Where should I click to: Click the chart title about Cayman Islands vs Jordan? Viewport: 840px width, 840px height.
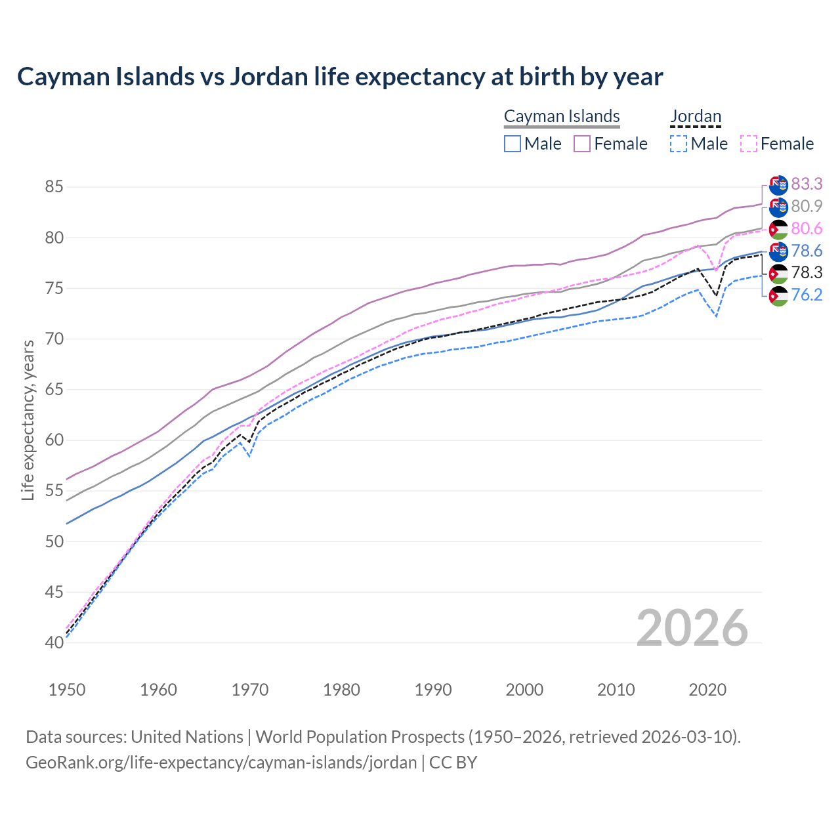[340, 77]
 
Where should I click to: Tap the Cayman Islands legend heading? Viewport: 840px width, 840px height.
[562, 116]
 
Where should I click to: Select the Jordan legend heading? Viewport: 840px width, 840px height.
[696, 116]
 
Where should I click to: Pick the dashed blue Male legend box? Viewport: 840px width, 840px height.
[679, 144]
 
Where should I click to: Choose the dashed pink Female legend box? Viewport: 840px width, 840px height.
[749, 144]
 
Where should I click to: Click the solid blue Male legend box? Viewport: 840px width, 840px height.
[513, 144]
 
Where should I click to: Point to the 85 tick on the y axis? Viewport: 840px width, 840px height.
[54, 187]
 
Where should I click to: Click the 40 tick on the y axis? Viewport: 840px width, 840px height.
[54, 642]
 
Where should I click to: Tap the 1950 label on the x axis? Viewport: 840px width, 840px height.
[67, 690]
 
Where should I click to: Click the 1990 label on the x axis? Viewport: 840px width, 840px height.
[433, 690]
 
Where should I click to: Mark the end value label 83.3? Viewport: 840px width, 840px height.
[807, 184]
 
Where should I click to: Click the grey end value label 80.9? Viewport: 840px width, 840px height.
[807, 206]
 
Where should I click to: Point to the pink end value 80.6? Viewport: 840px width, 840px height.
[807, 228]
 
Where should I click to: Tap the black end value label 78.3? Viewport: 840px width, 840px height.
[807, 272]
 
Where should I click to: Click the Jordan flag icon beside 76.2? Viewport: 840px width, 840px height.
[778, 296]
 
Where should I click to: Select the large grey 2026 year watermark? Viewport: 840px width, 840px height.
[692, 628]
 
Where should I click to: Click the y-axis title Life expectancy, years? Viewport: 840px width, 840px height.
[28, 420]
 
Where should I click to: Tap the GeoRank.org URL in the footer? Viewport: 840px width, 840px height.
[221, 763]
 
